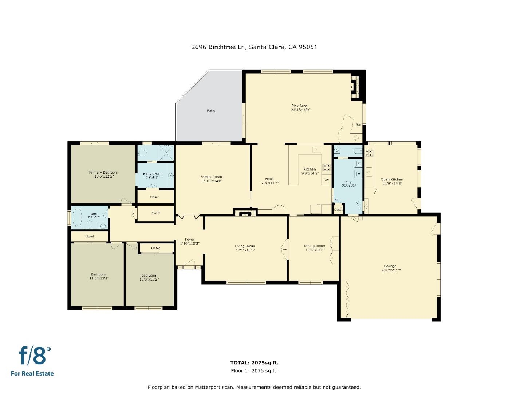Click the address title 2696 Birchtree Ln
[254, 47]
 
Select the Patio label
[211, 110]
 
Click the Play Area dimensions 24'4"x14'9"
[300, 110]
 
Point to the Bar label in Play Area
[358, 125]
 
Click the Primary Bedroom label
[103, 172]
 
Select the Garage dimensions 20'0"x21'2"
[390, 270]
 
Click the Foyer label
[190, 239]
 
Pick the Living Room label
[245, 246]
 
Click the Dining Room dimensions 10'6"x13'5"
[314, 250]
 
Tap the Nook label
[269, 179]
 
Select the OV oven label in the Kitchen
[327, 180]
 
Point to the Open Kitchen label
[392, 179]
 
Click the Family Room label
[211, 177]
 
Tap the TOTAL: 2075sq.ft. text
[254, 362]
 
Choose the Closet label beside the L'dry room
[338, 210]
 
